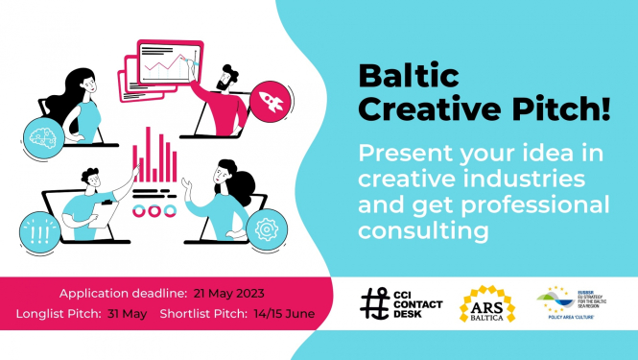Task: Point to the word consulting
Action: click(x=422, y=231)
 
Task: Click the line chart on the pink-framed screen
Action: click(x=166, y=65)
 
